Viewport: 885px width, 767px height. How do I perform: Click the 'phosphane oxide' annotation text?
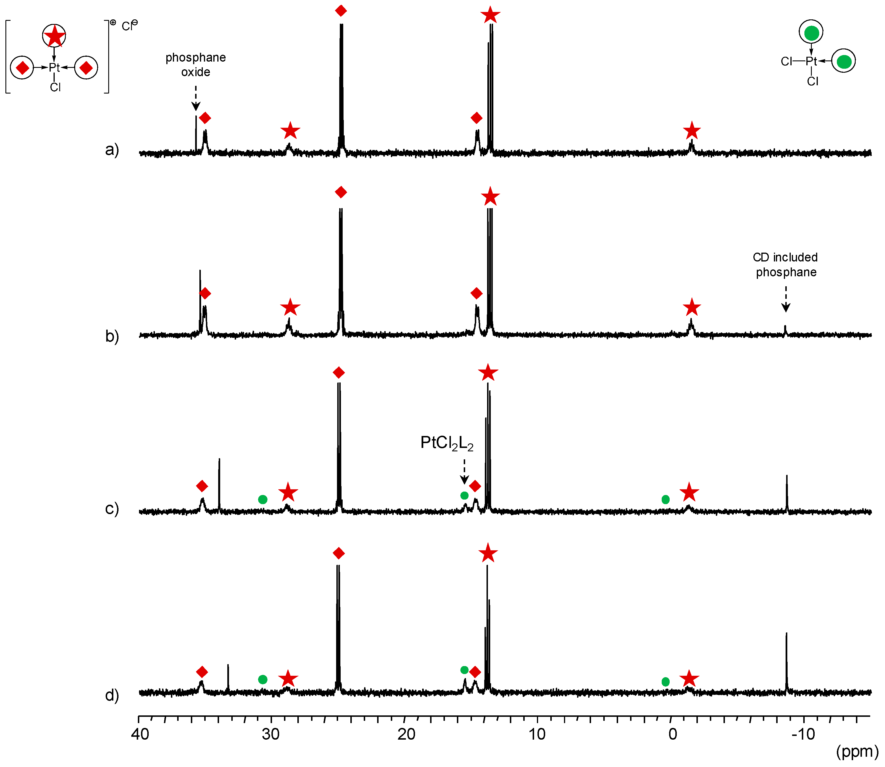coord(195,65)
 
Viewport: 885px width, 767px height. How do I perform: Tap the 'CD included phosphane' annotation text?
coord(785,265)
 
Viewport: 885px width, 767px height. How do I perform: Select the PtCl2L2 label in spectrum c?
coord(447,443)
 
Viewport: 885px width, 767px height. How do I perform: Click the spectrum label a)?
coord(112,150)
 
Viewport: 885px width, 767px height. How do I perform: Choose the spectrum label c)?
coord(112,508)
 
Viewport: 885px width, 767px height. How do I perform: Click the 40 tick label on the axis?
coord(140,734)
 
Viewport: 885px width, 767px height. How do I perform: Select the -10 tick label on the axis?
coord(803,734)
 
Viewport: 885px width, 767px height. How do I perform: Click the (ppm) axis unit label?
coord(857,751)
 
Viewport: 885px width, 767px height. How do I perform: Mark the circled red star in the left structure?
coord(54,36)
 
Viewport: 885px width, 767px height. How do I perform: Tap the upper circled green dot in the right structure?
coord(811,33)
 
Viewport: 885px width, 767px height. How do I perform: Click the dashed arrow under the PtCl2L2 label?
coord(464,472)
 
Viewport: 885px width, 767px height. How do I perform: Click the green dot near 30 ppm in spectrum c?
coord(263,500)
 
